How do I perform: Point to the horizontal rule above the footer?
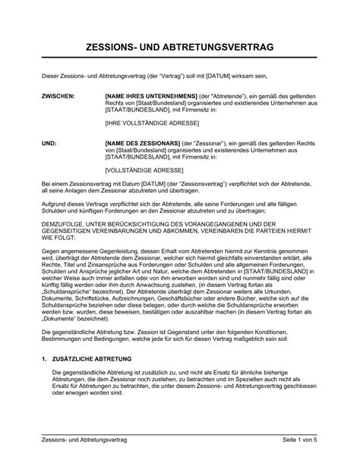[179, 434]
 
